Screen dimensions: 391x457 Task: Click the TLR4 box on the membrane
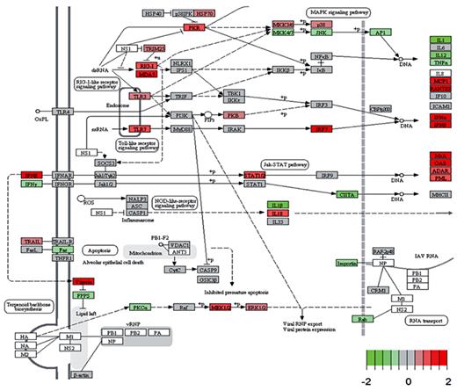coord(64,112)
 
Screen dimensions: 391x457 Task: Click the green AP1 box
coord(383,33)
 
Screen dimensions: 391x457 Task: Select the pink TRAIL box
coord(32,240)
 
